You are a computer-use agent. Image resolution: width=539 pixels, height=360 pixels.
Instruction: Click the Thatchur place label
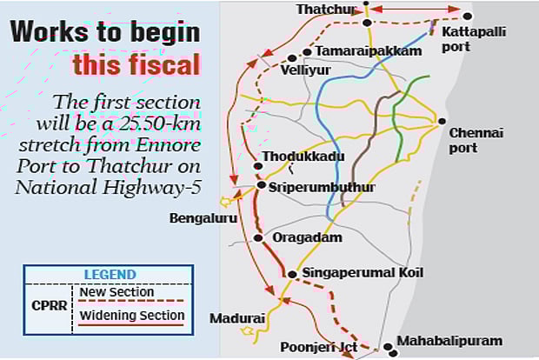tap(326, 10)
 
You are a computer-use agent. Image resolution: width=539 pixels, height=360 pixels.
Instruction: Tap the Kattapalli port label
tap(473, 39)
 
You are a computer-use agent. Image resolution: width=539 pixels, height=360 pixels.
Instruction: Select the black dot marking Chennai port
tap(442, 121)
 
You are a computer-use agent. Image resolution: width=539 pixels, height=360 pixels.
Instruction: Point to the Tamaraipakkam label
tap(369, 51)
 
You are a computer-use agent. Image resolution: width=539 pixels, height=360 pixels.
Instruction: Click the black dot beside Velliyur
tap(292, 58)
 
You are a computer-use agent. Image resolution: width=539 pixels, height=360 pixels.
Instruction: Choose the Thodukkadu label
tap(303, 157)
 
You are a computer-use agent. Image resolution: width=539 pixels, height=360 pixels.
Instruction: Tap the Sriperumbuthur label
tap(322, 187)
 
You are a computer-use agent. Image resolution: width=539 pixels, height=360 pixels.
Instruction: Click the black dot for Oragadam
tap(258, 237)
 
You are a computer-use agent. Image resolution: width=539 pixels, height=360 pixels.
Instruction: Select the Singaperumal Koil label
tap(363, 273)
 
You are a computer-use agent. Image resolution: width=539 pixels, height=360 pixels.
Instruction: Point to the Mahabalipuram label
tap(449, 341)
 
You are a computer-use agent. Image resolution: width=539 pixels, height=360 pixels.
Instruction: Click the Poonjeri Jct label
tap(319, 347)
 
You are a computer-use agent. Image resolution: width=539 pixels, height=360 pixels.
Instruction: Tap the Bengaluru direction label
tap(203, 218)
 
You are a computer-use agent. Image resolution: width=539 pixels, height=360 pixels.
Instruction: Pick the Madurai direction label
tap(236, 318)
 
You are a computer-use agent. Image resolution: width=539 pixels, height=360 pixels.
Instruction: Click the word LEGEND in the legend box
tap(110, 275)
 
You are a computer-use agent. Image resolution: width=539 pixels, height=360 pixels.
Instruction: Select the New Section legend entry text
tap(116, 292)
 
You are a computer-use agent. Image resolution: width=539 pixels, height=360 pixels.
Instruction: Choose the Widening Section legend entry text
tap(132, 316)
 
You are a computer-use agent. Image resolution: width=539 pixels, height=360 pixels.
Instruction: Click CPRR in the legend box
tap(50, 305)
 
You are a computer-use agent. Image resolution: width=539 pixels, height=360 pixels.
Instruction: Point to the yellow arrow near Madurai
tap(248, 330)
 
